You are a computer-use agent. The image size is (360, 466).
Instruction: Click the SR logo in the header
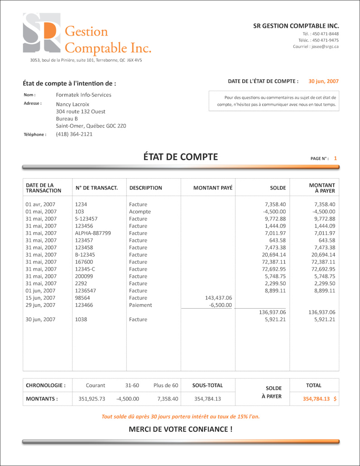pos(41,34)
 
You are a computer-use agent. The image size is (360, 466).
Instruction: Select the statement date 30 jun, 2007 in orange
pos(323,82)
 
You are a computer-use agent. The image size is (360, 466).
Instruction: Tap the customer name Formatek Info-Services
pos(83,95)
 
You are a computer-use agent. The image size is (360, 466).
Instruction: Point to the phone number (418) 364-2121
pos(74,134)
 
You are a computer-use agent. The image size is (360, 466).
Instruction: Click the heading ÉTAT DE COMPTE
pos(180,157)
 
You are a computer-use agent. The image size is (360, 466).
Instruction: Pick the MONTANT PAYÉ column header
pos(212,188)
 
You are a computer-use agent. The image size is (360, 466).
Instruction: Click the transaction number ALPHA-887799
pos(93,233)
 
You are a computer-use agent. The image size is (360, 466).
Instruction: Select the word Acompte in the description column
pos(139,212)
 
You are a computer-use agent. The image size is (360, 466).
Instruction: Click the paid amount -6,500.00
pos(220,305)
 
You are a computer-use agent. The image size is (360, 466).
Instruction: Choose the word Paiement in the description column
pos(140,305)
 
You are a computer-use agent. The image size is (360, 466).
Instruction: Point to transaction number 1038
pos(81,320)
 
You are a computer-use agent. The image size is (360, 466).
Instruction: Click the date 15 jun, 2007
pos(40,298)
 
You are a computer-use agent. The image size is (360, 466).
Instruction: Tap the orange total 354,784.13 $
pos(319,399)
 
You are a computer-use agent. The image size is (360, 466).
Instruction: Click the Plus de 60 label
pos(166,385)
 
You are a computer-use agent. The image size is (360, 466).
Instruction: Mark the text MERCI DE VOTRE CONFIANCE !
pos(180,429)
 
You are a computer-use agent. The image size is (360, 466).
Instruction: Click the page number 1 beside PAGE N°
pos(335,159)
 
